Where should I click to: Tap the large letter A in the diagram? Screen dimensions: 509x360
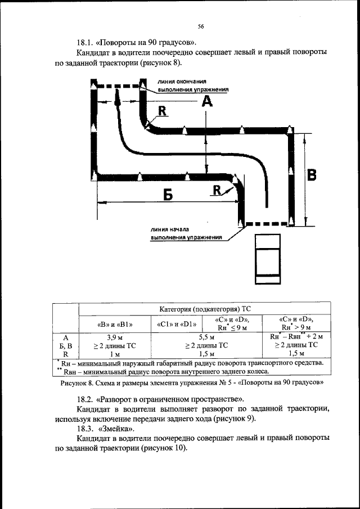click(206, 101)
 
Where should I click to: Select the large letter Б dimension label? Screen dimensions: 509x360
click(168, 195)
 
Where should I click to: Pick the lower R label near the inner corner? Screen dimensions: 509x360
click(217, 190)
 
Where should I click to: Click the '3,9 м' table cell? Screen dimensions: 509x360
click(114, 337)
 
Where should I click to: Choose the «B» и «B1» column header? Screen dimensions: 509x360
click(114, 323)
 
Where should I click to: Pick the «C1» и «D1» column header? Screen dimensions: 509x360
click(173, 323)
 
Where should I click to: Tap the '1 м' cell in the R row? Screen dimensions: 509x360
click(114, 354)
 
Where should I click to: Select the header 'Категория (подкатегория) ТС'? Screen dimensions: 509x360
click(205, 309)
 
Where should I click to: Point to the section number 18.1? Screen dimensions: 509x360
click(85, 42)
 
